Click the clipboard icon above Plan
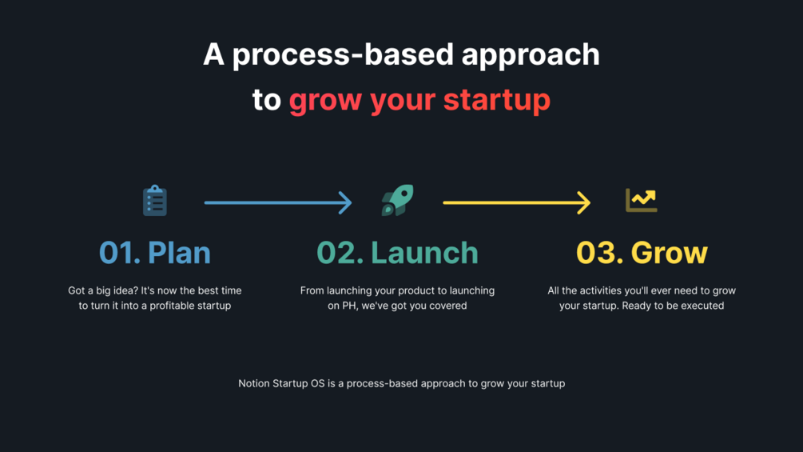(155, 200)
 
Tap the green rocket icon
(397, 200)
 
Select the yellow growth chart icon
(641, 200)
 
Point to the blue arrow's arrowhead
(346, 202)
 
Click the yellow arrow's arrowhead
(584, 202)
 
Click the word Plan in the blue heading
(179, 253)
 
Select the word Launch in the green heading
(424, 253)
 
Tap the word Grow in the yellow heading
(670, 253)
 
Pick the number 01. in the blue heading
(120, 253)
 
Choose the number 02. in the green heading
(340, 253)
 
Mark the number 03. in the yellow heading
(600, 253)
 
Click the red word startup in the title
(497, 99)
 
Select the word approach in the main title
(531, 56)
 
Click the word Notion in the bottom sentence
(254, 383)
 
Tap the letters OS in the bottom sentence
(317, 383)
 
